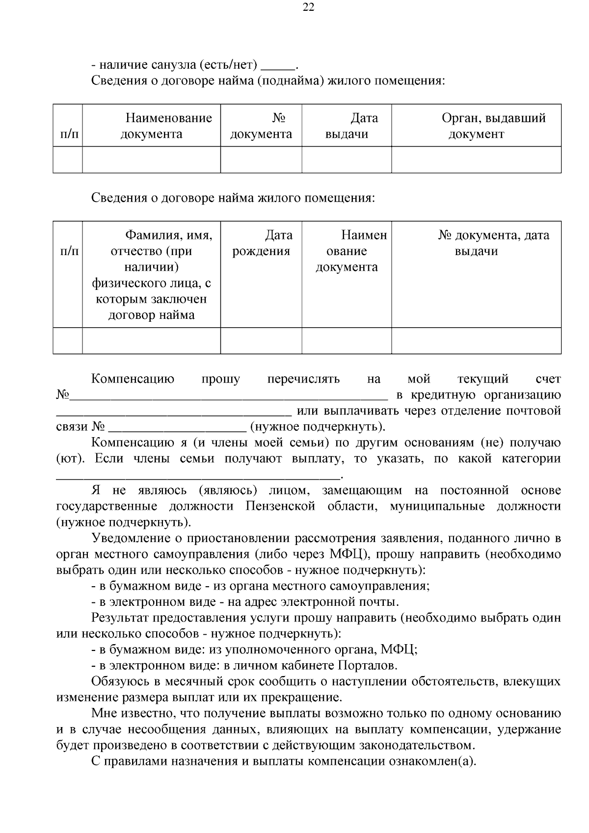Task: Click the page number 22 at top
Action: pos(308,7)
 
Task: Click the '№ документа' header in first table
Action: pos(261,126)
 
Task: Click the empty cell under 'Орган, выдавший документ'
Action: pos(476,159)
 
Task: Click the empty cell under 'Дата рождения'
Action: pos(261,340)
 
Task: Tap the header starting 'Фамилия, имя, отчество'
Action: pos(151,275)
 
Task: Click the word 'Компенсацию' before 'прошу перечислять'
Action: pos(133,379)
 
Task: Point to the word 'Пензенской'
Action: pos(280,506)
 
